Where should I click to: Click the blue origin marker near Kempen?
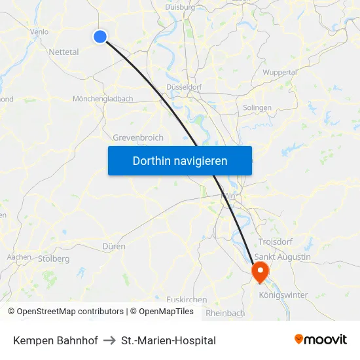[x=100, y=37]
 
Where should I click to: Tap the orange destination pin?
[x=261, y=272]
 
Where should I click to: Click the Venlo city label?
[x=39, y=31]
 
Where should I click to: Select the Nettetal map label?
[x=63, y=52]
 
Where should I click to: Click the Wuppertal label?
[x=298, y=72]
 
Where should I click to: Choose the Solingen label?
[x=257, y=108]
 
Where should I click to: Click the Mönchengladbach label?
[x=103, y=99]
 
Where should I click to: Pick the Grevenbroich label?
[x=138, y=138]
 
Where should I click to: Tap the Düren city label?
[x=114, y=246]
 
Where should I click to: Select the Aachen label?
[x=19, y=257]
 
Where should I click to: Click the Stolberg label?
[x=54, y=259]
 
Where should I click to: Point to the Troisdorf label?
[x=276, y=242]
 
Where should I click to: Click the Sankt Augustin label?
[x=283, y=257]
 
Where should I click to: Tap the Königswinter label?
[x=283, y=295]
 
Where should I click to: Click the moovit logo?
[x=321, y=340]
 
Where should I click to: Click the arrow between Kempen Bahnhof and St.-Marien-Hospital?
[x=109, y=340]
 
